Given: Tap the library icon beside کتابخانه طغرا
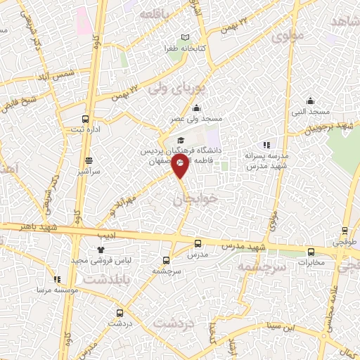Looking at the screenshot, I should point(186,37).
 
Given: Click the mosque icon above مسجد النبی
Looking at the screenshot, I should point(310,101).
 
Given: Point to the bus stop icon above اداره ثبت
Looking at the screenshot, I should point(86,119).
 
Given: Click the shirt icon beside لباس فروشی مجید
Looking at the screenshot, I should point(101,249).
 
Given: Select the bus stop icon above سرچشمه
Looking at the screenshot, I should point(167,259).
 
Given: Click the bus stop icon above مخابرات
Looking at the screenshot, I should point(311,252).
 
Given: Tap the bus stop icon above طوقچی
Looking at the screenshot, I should point(345,230).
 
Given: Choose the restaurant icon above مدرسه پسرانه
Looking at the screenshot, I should point(266,145).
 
